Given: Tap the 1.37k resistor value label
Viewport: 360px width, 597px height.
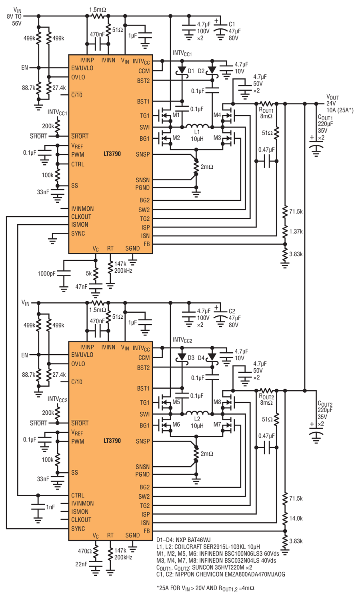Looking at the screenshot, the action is tap(296, 232).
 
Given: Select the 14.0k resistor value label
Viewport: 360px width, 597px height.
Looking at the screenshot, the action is tap(296, 518).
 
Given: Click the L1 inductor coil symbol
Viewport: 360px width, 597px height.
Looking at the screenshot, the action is tap(197, 126).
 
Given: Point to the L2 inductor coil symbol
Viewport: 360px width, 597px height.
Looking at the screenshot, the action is tap(197, 413).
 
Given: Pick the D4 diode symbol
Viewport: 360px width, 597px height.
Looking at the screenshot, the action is tap(212, 357).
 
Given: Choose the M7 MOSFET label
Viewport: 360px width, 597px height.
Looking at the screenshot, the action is tap(217, 424).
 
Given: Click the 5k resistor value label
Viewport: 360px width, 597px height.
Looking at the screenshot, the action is tap(89, 274).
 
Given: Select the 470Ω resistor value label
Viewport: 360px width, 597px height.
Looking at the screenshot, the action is tap(85, 551).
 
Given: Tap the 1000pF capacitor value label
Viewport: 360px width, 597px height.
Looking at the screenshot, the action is tap(47, 274).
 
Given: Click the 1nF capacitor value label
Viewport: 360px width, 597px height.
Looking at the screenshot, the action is tap(50, 507).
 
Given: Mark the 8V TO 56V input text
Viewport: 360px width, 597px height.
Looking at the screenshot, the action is tap(14, 20).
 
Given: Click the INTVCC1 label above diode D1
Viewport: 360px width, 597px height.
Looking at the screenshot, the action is tap(182, 53).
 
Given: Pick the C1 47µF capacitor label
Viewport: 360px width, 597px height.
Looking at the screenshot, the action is tap(235, 31).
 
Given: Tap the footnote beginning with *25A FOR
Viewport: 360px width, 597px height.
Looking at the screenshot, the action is tap(205, 588).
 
